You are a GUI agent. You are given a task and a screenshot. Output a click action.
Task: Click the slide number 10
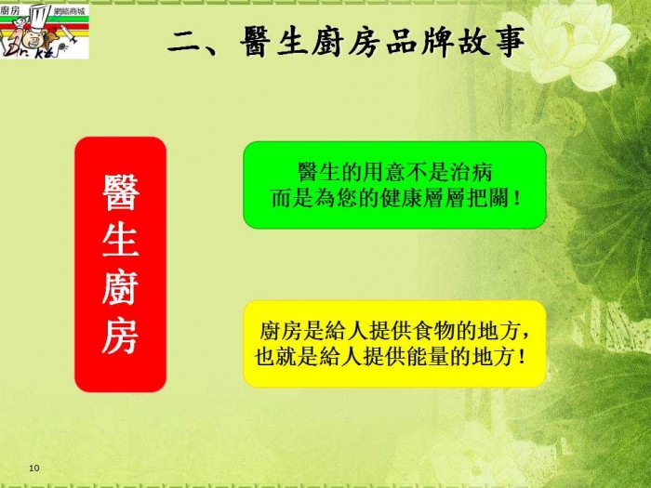point(34,468)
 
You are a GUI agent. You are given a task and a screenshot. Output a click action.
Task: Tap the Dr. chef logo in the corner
point(45,30)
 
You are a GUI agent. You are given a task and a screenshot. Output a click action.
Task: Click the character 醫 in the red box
point(120,192)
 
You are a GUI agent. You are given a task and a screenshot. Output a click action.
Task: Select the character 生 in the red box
point(120,239)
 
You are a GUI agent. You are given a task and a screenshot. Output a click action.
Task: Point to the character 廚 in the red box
point(120,287)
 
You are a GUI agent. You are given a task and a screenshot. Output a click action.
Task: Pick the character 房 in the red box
point(120,336)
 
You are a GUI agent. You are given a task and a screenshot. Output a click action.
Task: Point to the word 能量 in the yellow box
point(428,356)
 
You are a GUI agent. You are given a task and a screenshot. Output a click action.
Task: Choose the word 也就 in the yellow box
point(275,356)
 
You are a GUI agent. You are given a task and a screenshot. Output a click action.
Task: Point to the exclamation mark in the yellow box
point(522,357)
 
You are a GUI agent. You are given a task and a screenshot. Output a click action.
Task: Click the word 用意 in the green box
point(383,171)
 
